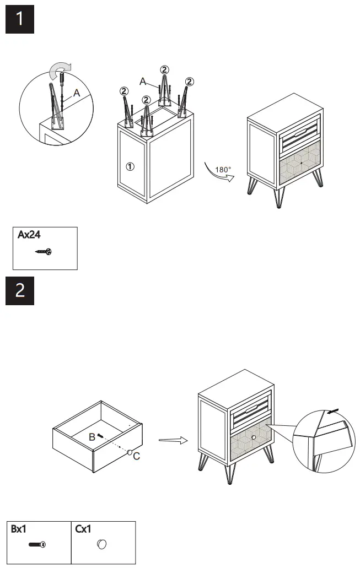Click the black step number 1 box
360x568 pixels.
[20, 19]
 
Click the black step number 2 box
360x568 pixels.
[20, 290]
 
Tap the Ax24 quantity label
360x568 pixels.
[29, 235]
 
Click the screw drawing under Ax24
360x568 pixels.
[43, 252]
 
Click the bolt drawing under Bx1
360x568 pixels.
[37, 545]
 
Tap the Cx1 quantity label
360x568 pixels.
[84, 529]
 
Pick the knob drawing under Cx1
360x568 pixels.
[101, 545]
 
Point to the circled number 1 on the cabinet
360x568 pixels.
[129, 166]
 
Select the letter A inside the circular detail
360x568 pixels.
[77, 94]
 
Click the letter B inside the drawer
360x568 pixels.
[93, 437]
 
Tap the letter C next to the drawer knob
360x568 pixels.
[137, 455]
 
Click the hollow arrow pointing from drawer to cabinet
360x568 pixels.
[171, 440]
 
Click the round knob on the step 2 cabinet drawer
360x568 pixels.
[254, 437]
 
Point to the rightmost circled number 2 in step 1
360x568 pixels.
[189, 82]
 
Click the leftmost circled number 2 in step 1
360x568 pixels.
[124, 91]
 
